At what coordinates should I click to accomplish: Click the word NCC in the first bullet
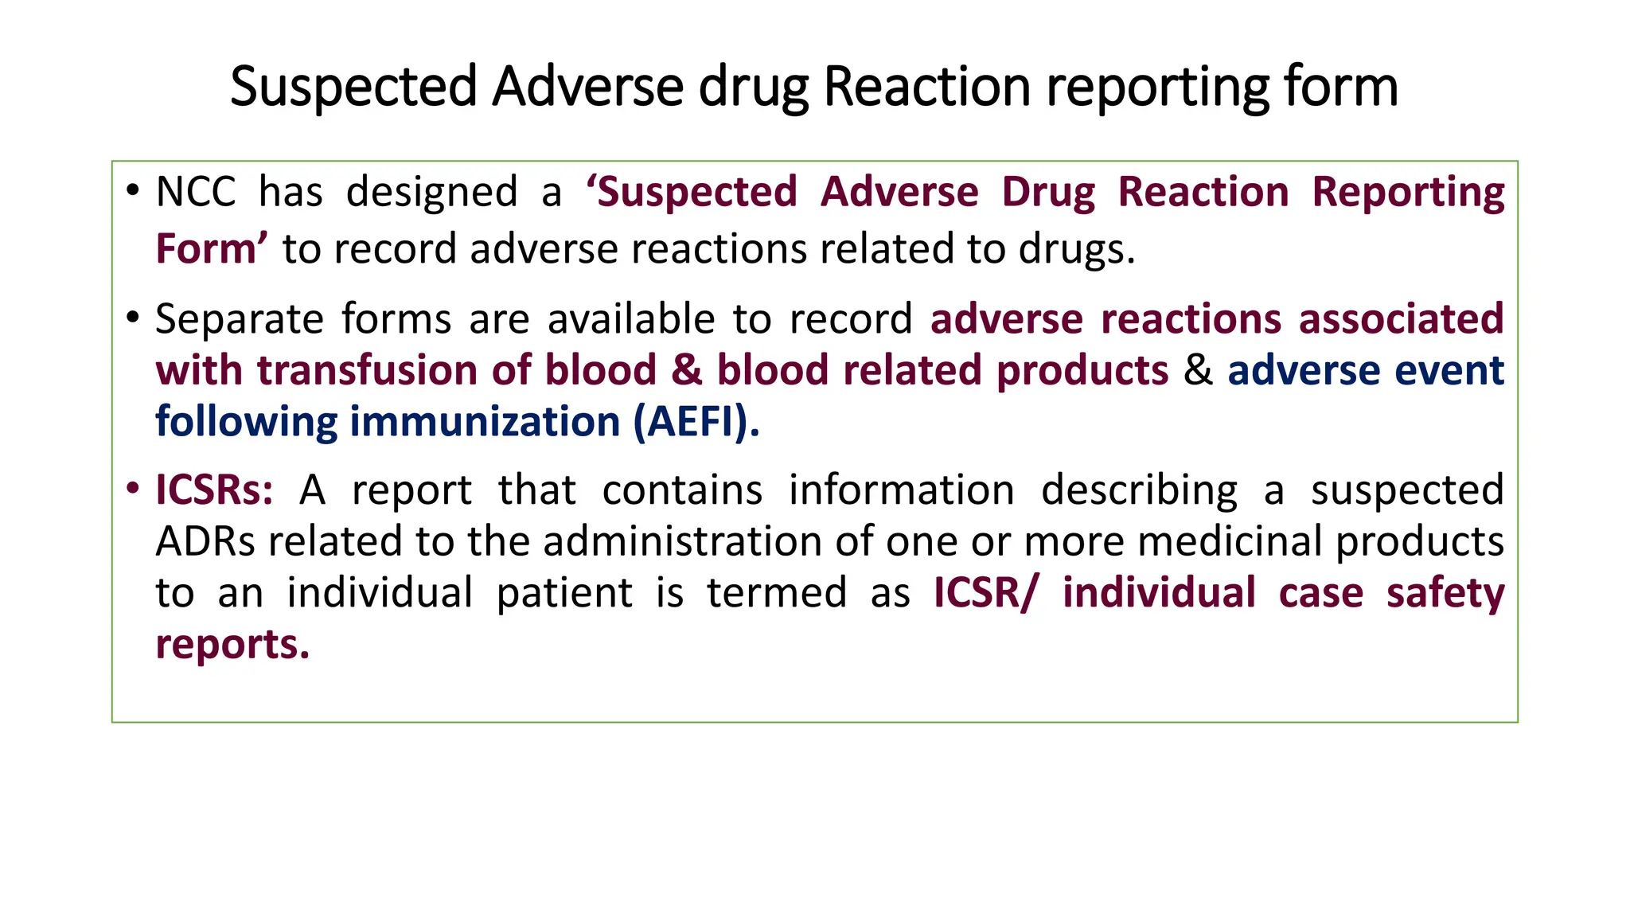tap(196, 193)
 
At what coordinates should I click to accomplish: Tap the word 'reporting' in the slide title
tap(1157, 88)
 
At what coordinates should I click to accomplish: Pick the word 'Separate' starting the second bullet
tap(239, 320)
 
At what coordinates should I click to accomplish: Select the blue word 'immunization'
tap(485, 422)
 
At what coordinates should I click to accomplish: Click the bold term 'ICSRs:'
tap(214, 490)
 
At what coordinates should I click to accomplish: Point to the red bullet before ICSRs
tap(132, 487)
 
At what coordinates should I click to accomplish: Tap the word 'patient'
tap(564, 594)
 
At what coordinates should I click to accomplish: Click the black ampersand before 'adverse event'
tap(1198, 371)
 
